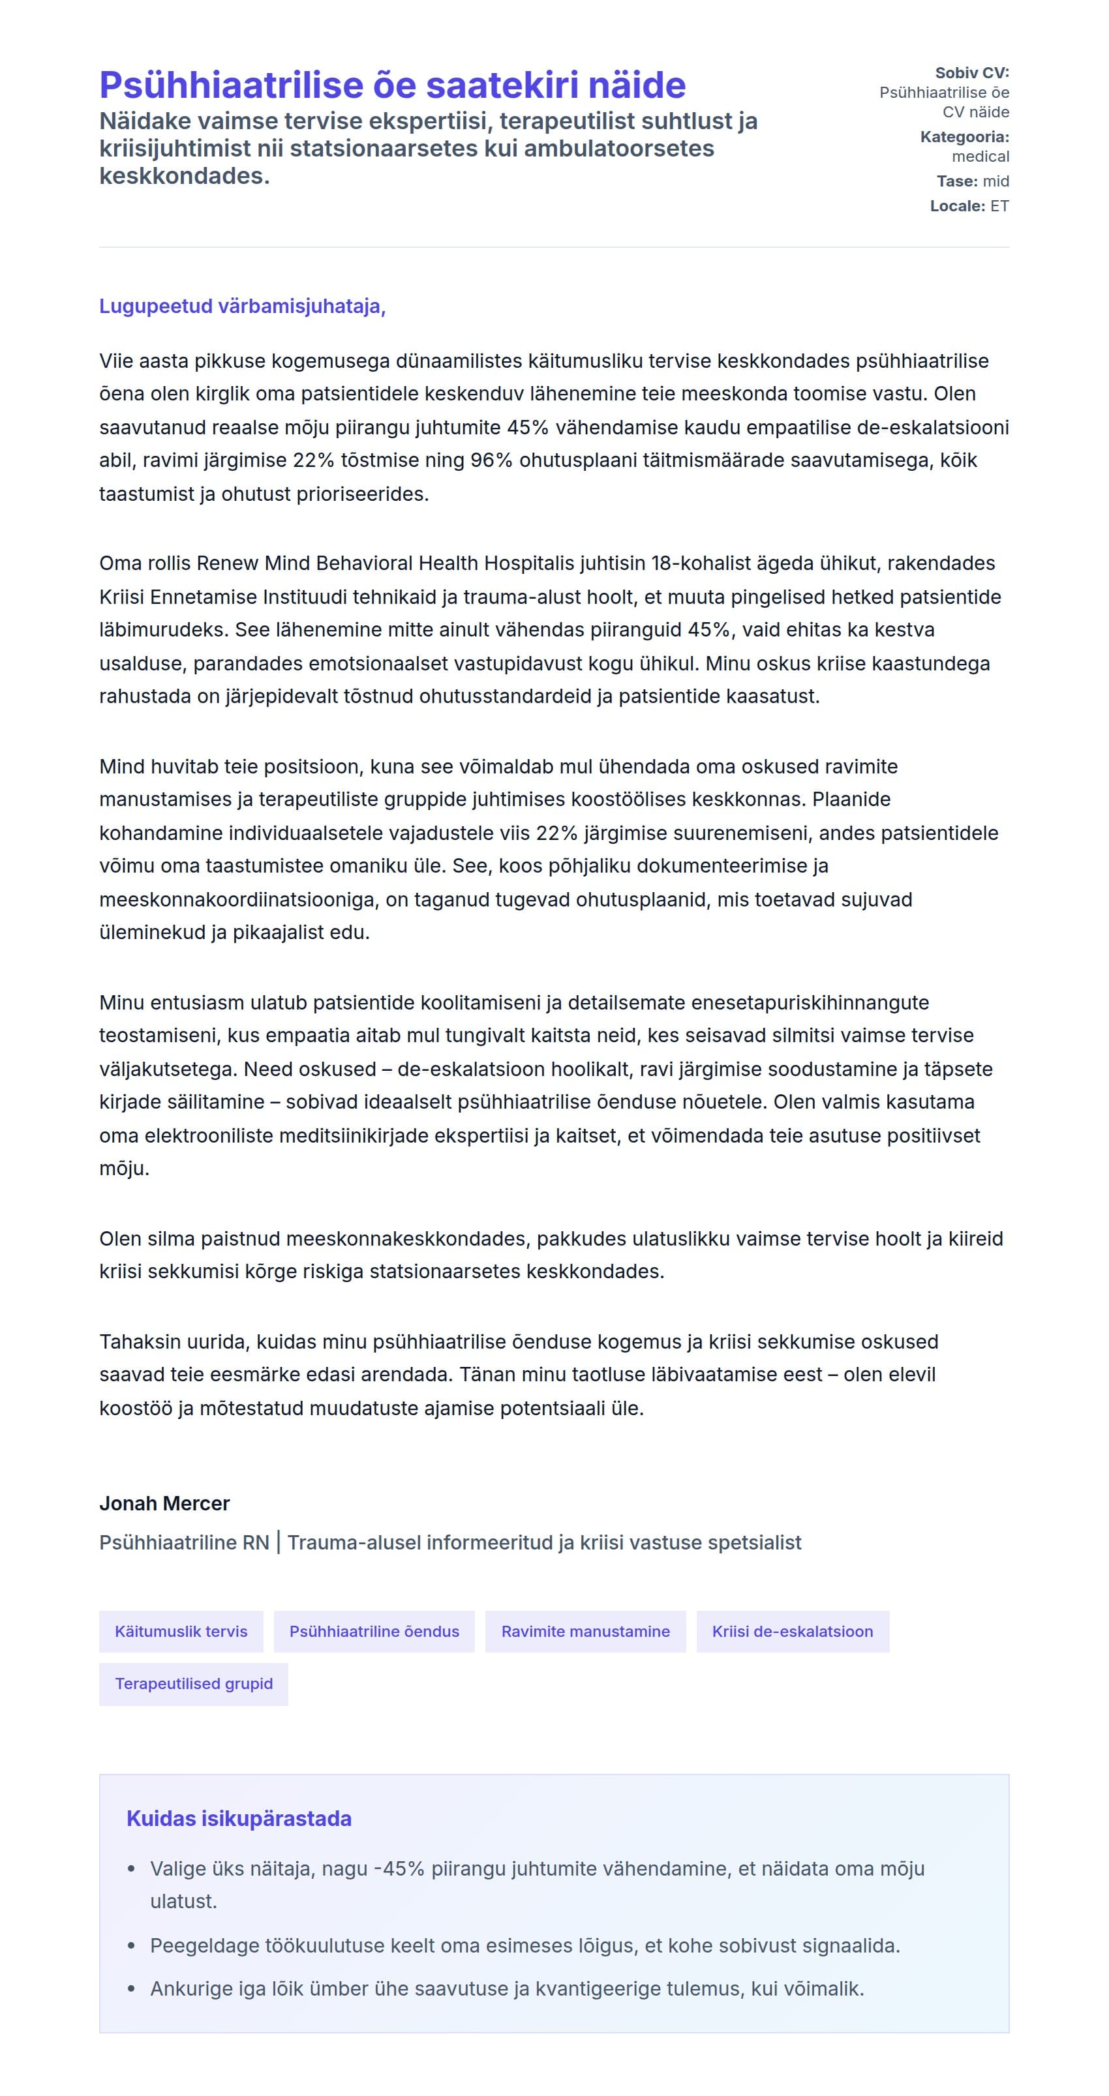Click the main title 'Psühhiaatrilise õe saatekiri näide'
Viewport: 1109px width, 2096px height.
click(x=392, y=85)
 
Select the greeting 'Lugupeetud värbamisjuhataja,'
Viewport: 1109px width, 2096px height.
click(x=241, y=307)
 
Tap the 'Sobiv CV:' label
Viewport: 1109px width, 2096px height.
click(x=971, y=73)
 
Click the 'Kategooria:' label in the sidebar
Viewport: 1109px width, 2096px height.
click(x=964, y=138)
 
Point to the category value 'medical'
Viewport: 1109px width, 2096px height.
click(x=980, y=157)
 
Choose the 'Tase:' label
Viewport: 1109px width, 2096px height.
click(x=957, y=181)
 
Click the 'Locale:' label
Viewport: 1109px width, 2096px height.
click(x=957, y=207)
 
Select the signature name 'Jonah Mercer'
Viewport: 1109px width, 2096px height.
click(x=164, y=1504)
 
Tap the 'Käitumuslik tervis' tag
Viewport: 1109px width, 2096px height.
click(x=181, y=1632)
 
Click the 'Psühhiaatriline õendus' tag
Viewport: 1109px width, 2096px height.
click(x=374, y=1632)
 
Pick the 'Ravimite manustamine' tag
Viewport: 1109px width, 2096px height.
click(x=585, y=1632)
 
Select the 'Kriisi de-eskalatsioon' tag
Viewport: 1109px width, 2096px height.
click(x=793, y=1632)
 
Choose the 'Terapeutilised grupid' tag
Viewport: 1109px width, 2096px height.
click(x=194, y=1683)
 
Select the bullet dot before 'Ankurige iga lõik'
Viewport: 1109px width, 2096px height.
click(x=132, y=1990)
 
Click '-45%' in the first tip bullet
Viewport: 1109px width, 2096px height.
click(x=399, y=1869)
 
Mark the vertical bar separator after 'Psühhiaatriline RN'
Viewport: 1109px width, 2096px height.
click(x=279, y=1543)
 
